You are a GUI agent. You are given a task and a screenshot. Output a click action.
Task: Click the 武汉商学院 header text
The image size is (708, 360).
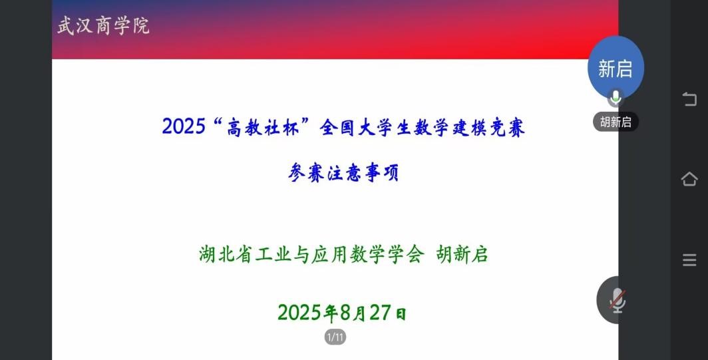[x=103, y=26]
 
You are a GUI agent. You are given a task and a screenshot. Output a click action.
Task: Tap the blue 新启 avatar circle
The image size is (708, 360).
[x=616, y=67]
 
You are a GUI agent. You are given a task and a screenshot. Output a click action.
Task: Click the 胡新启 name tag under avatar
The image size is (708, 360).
[x=616, y=122]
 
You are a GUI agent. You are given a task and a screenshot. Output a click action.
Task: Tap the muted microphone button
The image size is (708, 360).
[x=617, y=300]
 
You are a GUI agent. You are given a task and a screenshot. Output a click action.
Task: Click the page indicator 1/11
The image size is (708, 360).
[x=335, y=337]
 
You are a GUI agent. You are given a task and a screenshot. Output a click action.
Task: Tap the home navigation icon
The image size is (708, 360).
[x=689, y=179]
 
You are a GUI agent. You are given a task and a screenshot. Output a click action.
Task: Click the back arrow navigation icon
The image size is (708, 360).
[x=689, y=99]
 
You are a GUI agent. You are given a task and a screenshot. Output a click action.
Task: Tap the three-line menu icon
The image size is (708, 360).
[x=689, y=260]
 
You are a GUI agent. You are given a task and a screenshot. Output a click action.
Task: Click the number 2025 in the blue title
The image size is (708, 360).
[x=184, y=126]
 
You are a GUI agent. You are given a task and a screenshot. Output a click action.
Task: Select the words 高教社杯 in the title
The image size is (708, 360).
[x=263, y=127]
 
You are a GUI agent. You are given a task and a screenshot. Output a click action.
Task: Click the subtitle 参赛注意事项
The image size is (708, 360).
[x=343, y=172]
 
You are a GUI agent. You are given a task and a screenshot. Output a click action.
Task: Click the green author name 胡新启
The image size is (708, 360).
[x=462, y=254]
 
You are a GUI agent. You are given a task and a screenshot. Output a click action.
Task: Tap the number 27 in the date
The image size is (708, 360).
[x=380, y=313]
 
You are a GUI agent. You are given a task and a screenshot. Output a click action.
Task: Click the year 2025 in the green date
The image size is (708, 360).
[x=299, y=313]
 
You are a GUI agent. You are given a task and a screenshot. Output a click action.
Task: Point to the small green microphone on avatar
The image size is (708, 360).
[x=616, y=98]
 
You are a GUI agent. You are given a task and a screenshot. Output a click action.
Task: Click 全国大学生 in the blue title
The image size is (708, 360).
[x=365, y=127]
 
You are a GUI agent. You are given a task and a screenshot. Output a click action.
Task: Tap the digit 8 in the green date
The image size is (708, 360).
[x=345, y=313]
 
